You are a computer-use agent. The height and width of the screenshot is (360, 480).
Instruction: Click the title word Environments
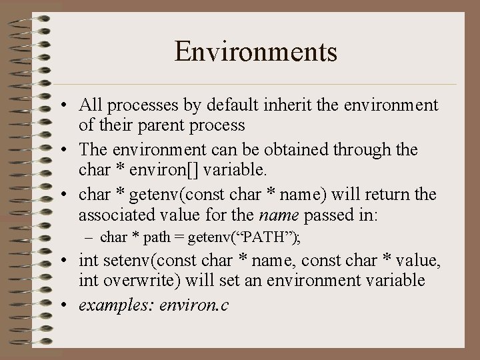(256, 51)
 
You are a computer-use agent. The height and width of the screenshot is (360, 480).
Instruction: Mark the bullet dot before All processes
(67, 106)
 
